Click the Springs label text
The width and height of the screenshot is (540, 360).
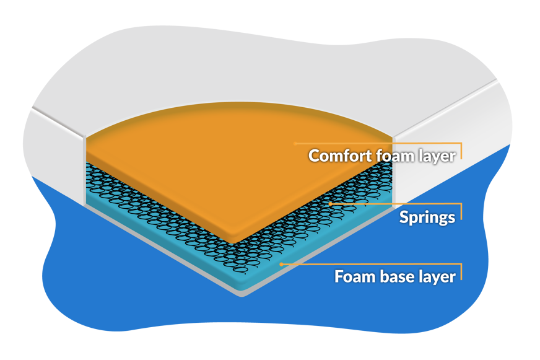[427, 217]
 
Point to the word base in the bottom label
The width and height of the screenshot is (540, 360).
[394, 276]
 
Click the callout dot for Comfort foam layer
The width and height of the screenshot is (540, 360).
[295, 143]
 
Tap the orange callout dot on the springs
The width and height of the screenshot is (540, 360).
[331, 203]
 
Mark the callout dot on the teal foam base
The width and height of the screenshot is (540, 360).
[282, 264]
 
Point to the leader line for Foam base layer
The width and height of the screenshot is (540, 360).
[372, 264]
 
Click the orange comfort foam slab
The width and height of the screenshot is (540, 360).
[235, 167]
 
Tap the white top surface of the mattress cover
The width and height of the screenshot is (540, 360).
[248, 62]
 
